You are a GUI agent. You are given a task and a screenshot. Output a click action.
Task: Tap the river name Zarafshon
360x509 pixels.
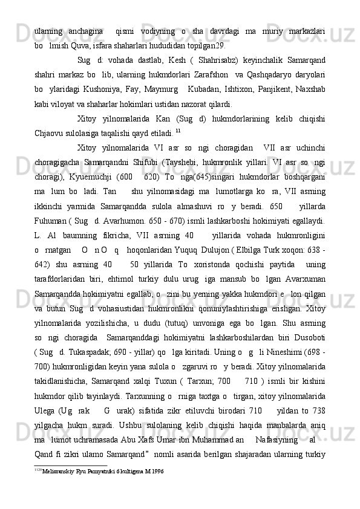click(x=209, y=77)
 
